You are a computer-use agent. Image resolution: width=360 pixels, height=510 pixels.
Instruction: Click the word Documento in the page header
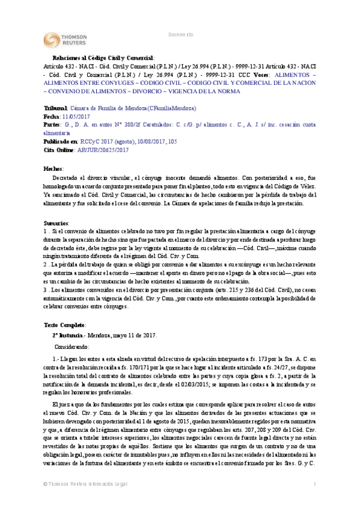click(181, 35)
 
